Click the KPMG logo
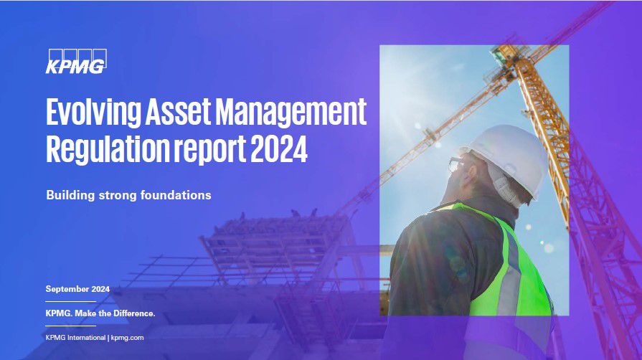[76, 62]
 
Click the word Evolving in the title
[93, 112]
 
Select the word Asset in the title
[178, 111]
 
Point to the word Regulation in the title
[108, 149]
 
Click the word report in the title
[210, 150]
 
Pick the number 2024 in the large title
[279, 148]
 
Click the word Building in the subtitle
[70, 195]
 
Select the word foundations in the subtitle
[176, 194]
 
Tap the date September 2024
[77, 289]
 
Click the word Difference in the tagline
[134, 313]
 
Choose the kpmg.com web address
[128, 338]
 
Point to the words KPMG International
[75, 338]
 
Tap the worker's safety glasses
[455, 165]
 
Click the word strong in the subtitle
[118, 195]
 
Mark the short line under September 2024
[70, 301]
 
